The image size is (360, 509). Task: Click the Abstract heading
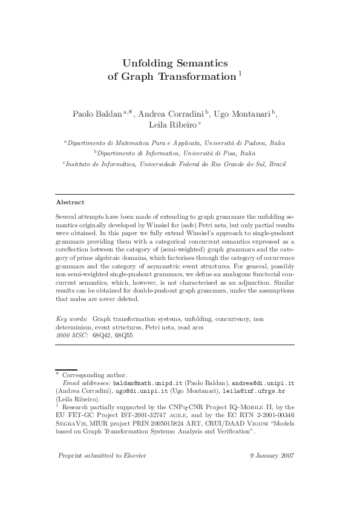(x=70, y=202)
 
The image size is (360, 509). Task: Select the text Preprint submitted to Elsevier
(x=102, y=455)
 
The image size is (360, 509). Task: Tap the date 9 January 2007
(x=271, y=455)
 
